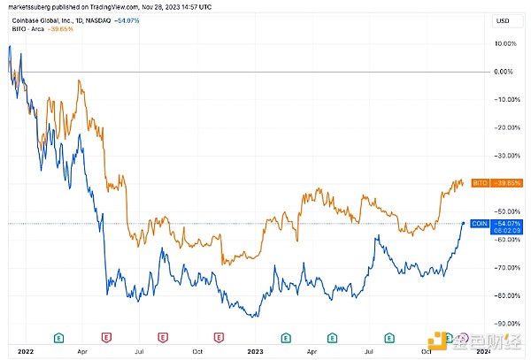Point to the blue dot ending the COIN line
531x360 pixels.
point(465,224)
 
